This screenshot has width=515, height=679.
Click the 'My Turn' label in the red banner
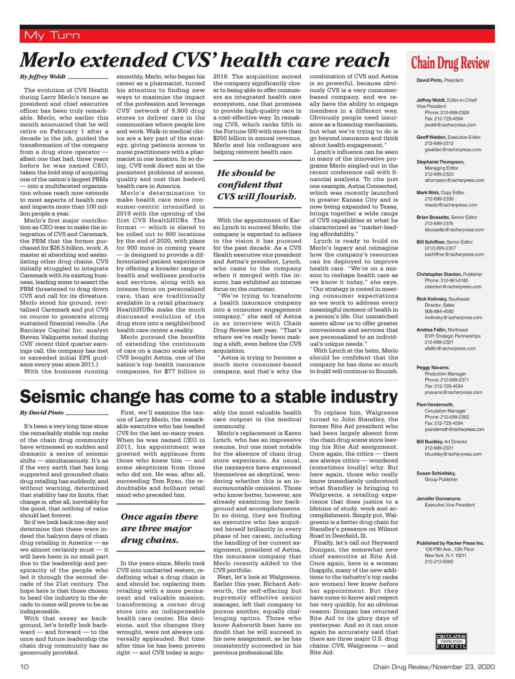[52, 35]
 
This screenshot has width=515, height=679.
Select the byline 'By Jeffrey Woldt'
[42, 77]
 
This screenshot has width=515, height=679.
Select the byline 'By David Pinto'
[42, 413]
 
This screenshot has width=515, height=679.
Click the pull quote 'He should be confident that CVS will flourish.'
[257, 185]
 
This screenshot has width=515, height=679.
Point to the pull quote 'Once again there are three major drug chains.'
[160, 528]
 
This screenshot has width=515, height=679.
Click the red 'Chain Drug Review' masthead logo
[450, 63]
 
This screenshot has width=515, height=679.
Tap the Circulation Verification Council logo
[451, 641]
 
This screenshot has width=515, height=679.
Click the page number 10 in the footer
[24, 667]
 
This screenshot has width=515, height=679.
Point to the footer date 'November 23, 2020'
[463, 667]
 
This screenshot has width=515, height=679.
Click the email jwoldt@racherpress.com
[450, 125]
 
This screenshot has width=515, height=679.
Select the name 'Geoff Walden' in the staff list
[431, 137]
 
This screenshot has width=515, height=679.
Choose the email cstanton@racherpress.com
[453, 286]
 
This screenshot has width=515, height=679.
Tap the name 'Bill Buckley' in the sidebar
[429, 442]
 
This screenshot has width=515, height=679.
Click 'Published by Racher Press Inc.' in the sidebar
[450, 543]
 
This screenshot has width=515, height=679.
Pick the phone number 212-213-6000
[439, 561]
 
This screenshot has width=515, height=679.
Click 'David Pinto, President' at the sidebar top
[439, 80]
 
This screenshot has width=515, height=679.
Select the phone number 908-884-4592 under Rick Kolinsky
[439, 311]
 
